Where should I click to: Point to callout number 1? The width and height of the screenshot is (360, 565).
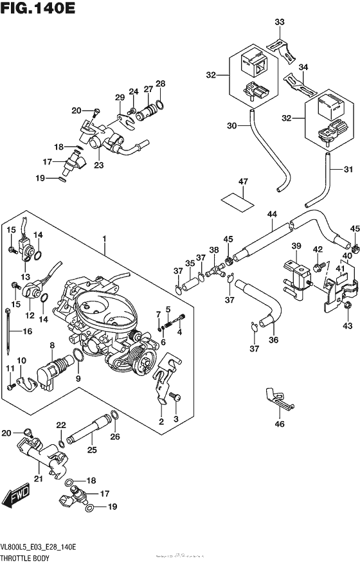click(x=102, y=239)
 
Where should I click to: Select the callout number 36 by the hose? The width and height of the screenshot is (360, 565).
click(x=274, y=340)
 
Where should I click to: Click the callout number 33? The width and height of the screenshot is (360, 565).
click(x=279, y=22)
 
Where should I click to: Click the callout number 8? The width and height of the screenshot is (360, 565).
click(x=52, y=346)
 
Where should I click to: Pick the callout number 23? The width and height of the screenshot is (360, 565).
click(x=98, y=165)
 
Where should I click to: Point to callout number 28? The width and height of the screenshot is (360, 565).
click(x=159, y=84)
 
